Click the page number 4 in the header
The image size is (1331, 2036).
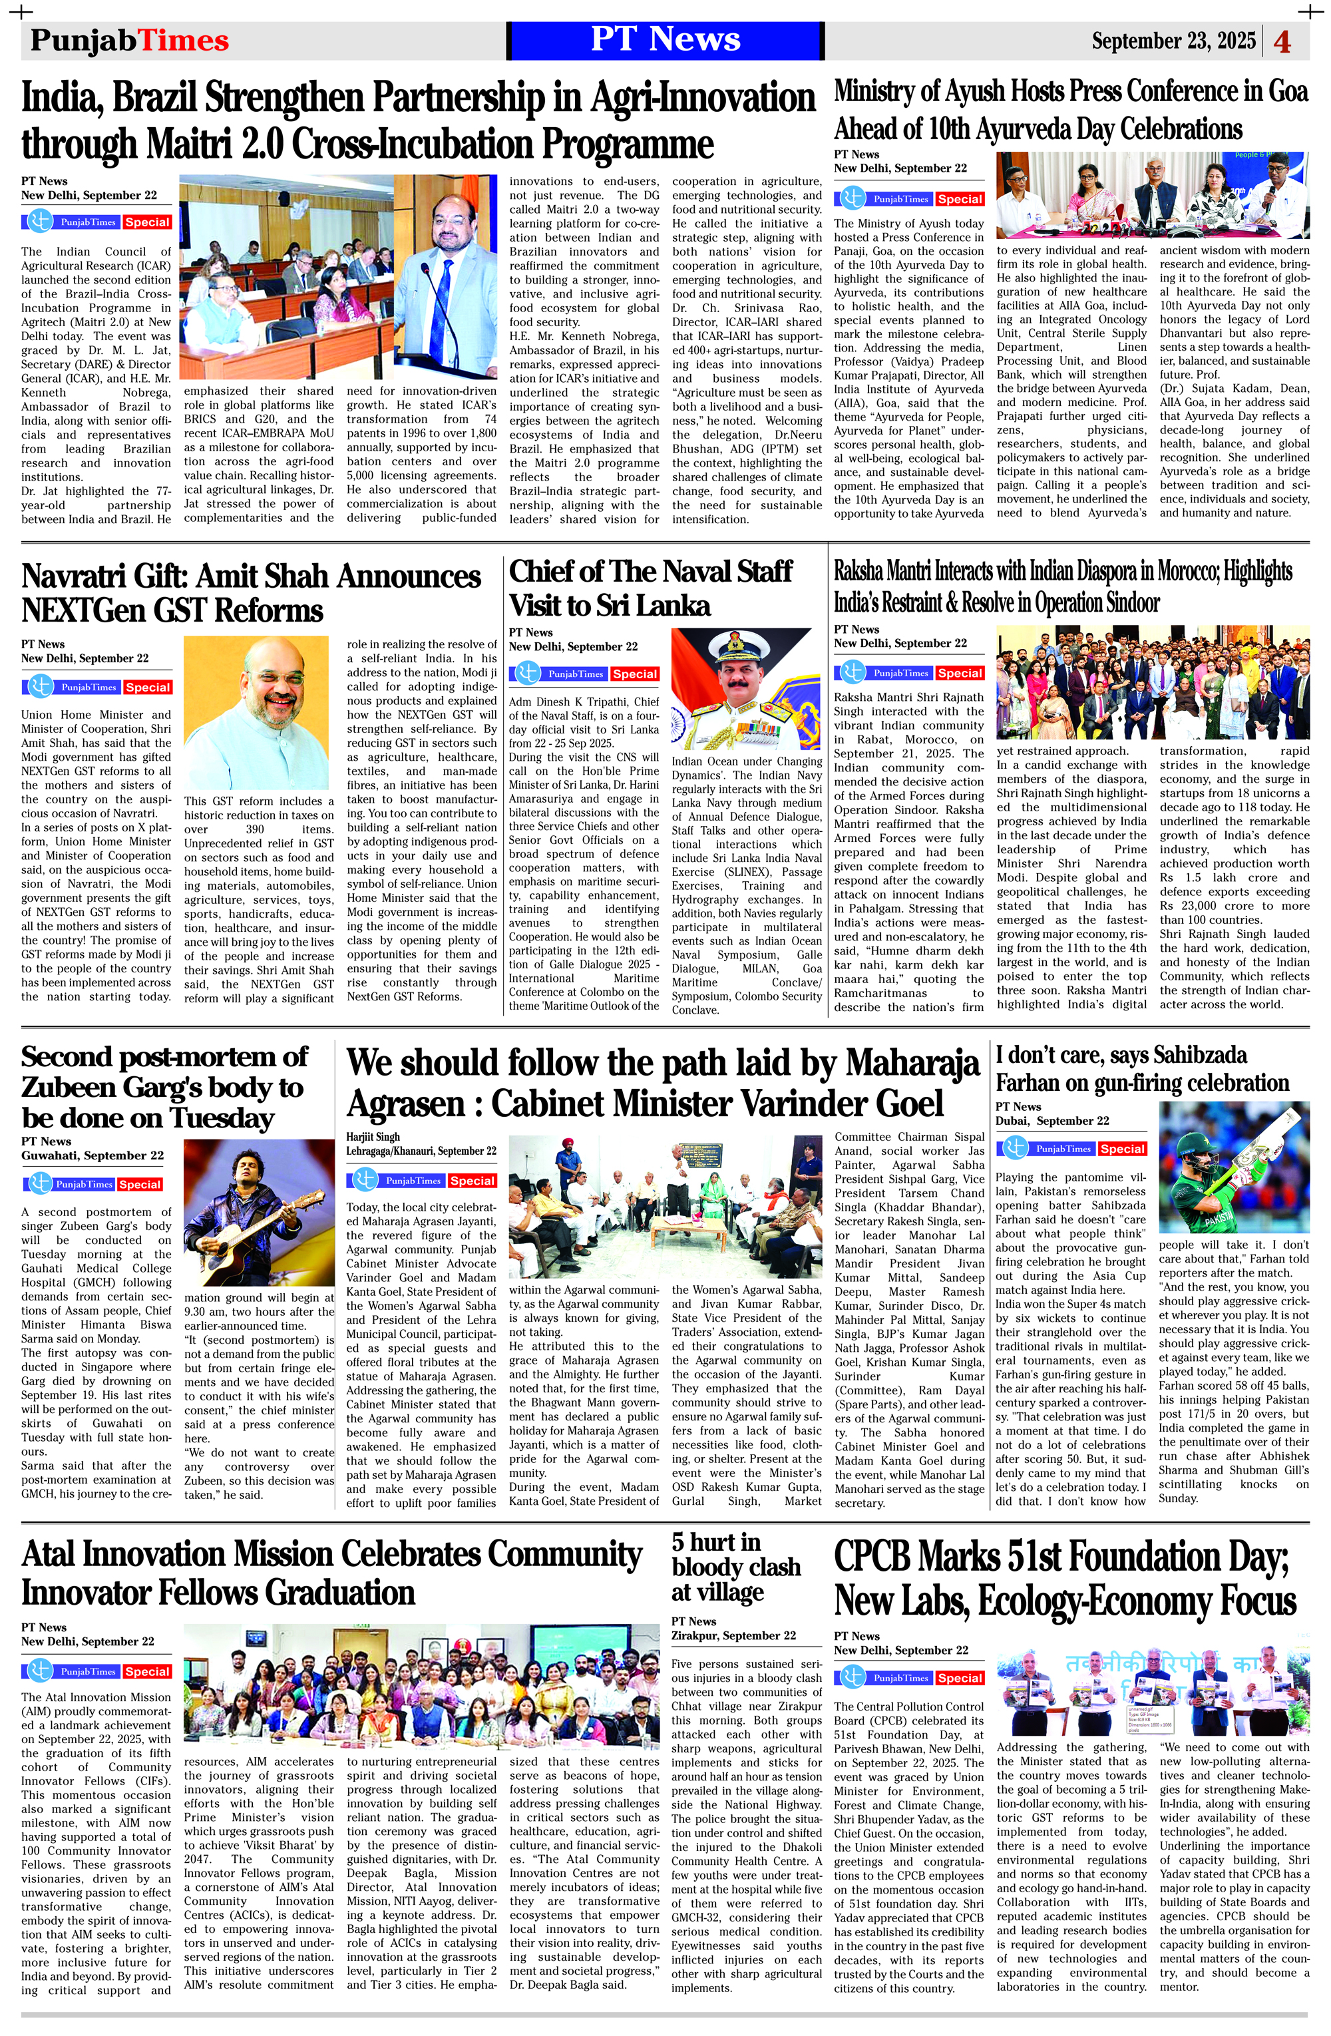pyautogui.click(x=1282, y=41)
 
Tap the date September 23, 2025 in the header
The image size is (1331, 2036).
pyautogui.click(x=1173, y=41)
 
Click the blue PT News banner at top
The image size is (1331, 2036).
pyautogui.click(x=665, y=40)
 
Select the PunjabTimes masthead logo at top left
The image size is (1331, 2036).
pyautogui.click(x=129, y=41)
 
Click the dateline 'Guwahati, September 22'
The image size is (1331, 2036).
pyautogui.click(x=93, y=1155)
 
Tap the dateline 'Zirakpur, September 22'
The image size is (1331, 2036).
pyautogui.click(x=733, y=1635)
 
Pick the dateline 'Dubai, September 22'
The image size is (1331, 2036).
pyautogui.click(x=1051, y=1121)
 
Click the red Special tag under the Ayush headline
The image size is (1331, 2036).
pyautogui.click(x=959, y=199)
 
